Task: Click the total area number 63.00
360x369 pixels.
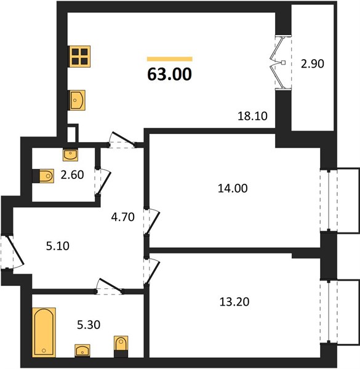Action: (169, 74)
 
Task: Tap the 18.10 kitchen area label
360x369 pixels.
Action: (252, 116)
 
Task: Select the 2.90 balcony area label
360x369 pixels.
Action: (313, 64)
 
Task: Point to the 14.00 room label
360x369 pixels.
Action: (233, 189)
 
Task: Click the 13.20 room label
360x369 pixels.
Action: (234, 302)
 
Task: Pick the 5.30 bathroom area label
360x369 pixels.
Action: (89, 325)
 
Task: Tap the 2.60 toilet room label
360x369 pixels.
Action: (72, 175)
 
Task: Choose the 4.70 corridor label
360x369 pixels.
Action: (123, 217)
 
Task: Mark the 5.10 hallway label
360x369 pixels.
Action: (58, 246)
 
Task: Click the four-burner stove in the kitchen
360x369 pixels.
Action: (79, 57)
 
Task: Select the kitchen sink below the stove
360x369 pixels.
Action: (77, 100)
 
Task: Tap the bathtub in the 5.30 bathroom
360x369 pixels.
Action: (44, 332)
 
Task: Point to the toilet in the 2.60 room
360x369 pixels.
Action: (43, 176)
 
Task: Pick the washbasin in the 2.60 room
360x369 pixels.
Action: (70, 155)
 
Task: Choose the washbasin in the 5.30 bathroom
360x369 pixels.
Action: (82, 351)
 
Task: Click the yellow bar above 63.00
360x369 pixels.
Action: (170, 59)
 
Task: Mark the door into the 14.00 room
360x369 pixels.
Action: (151, 221)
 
